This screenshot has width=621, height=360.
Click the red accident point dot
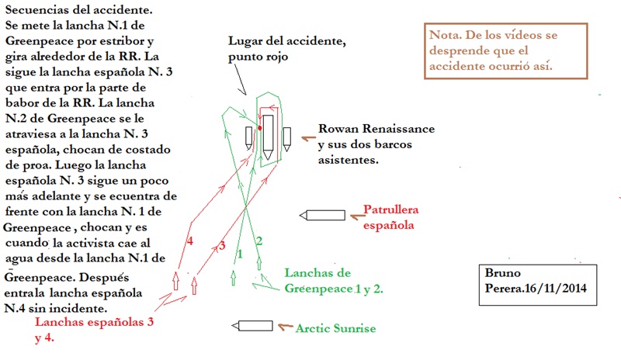pyautogui.click(x=259, y=127)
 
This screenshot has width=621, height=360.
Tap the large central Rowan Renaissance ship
pyautogui.click(x=268, y=137)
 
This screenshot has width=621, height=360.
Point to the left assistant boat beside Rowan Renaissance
pyautogui.click(x=248, y=137)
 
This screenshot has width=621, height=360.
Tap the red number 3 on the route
pyautogui.click(x=220, y=246)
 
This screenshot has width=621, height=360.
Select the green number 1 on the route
pyautogui.click(x=240, y=254)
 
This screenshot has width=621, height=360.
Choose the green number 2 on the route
pyautogui.click(x=259, y=241)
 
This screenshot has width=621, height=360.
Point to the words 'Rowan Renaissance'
pyautogui.click(x=376, y=129)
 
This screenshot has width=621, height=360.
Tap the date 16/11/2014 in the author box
pyautogui.click(x=552, y=288)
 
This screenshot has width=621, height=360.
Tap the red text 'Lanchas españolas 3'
pyautogui.click(x=90, y=321)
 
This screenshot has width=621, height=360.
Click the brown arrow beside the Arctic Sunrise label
pyautogui.click(x=286, y=327)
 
